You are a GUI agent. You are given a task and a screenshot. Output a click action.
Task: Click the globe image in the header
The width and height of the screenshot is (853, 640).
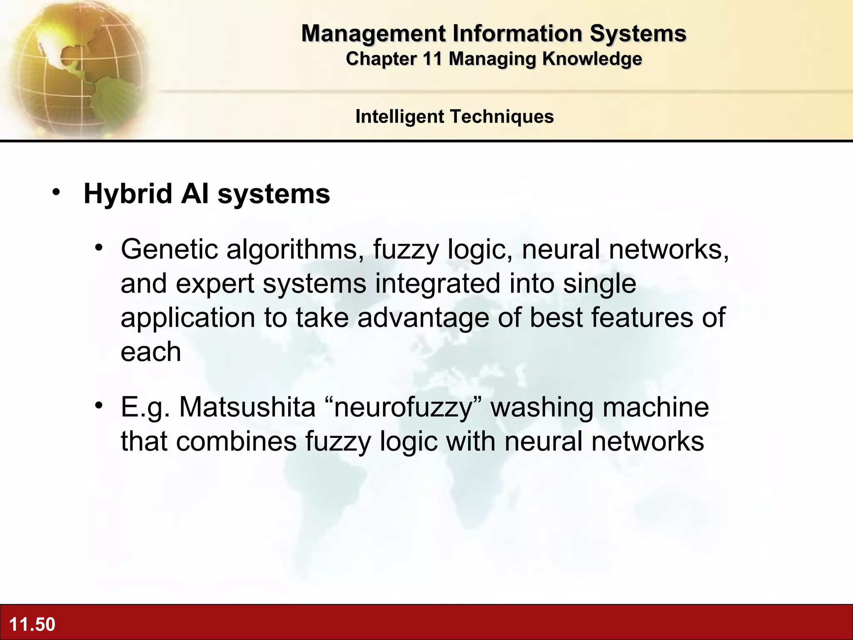pos(77,69)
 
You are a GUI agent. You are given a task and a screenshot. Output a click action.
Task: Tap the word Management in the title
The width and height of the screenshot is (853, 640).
pos(374,33)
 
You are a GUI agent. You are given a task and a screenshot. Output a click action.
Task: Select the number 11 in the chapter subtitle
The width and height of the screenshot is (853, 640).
pos(432,59)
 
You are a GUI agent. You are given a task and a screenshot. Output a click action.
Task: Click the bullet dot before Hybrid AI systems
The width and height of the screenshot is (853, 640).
pos(56,192)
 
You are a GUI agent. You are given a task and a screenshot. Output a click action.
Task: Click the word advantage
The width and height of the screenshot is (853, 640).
pos(423,318)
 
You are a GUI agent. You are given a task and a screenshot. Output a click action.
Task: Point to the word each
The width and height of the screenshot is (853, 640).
pos(151,352)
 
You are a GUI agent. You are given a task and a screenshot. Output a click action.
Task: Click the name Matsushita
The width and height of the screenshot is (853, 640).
pos(247,407)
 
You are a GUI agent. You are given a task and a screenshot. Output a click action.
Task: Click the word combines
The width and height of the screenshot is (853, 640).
pos(236,441)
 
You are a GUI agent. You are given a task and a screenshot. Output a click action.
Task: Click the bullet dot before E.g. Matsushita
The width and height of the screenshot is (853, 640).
pos(98,405)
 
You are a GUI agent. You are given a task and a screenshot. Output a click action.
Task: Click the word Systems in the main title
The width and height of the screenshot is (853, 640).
pos(638,33)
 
